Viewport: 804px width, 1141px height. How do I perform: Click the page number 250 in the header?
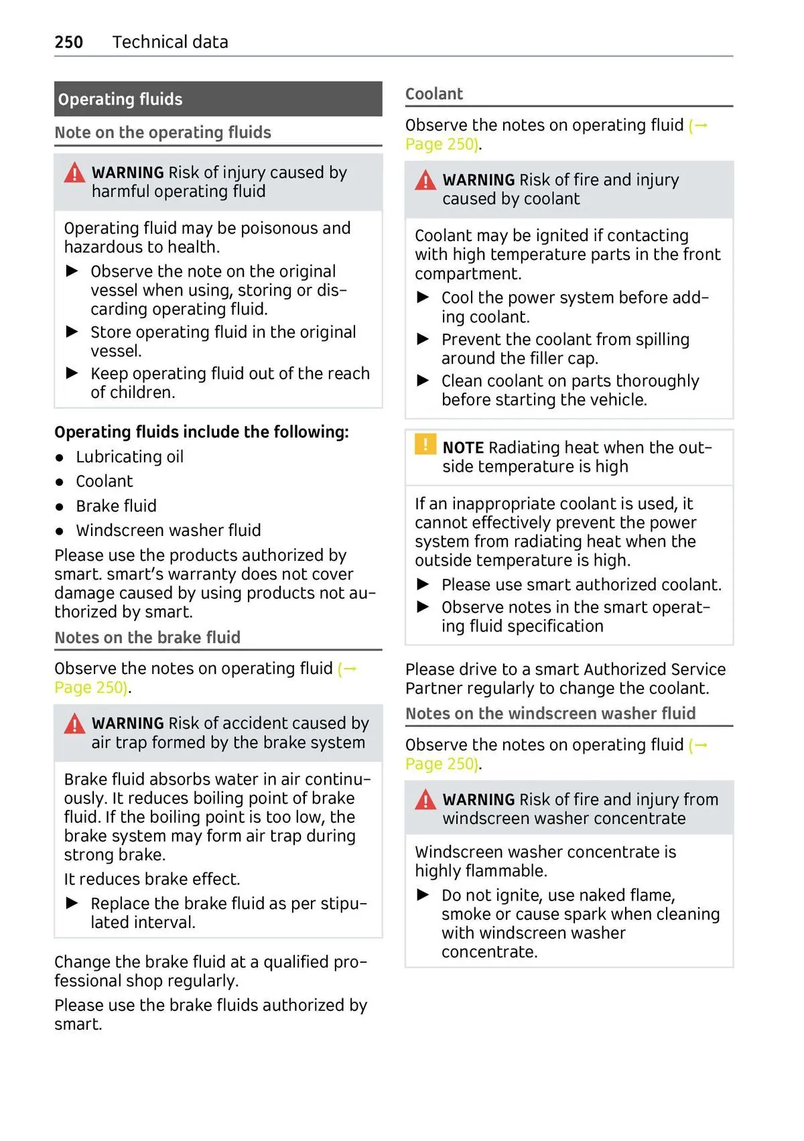(69, 42)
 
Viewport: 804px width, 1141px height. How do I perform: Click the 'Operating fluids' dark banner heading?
(121, 99)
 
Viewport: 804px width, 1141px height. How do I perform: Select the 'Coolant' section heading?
(434, 94)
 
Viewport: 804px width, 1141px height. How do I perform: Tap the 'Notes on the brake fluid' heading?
(147, 637)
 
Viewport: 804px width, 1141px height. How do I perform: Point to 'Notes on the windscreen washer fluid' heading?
(551, 714)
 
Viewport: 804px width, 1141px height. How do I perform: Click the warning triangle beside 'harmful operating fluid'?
(74, 174)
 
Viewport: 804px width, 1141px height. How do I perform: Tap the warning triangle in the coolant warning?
(425, 181)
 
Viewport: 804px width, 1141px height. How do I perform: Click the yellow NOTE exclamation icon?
(425, 445)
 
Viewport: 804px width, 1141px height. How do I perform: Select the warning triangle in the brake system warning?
(74, 724)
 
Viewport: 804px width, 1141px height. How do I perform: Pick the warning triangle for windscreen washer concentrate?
(425, 801)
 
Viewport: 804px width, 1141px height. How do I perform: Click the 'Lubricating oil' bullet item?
(129, 457)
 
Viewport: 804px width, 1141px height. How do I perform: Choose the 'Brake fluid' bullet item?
(116, 506)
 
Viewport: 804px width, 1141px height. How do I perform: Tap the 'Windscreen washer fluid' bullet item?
(168, 531)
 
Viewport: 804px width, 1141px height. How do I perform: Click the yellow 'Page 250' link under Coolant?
(442, 144)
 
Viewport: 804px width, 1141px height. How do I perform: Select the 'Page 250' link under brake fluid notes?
(91, 687)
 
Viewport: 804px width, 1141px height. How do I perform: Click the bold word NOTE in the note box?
(463, 448)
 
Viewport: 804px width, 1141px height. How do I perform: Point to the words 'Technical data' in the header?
(170, 42)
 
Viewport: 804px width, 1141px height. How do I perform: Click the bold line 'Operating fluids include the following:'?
(202, 432)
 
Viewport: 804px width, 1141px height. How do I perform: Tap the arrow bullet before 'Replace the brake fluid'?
(72, 903)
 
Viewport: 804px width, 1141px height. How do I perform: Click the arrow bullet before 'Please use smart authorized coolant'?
(423, 584)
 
